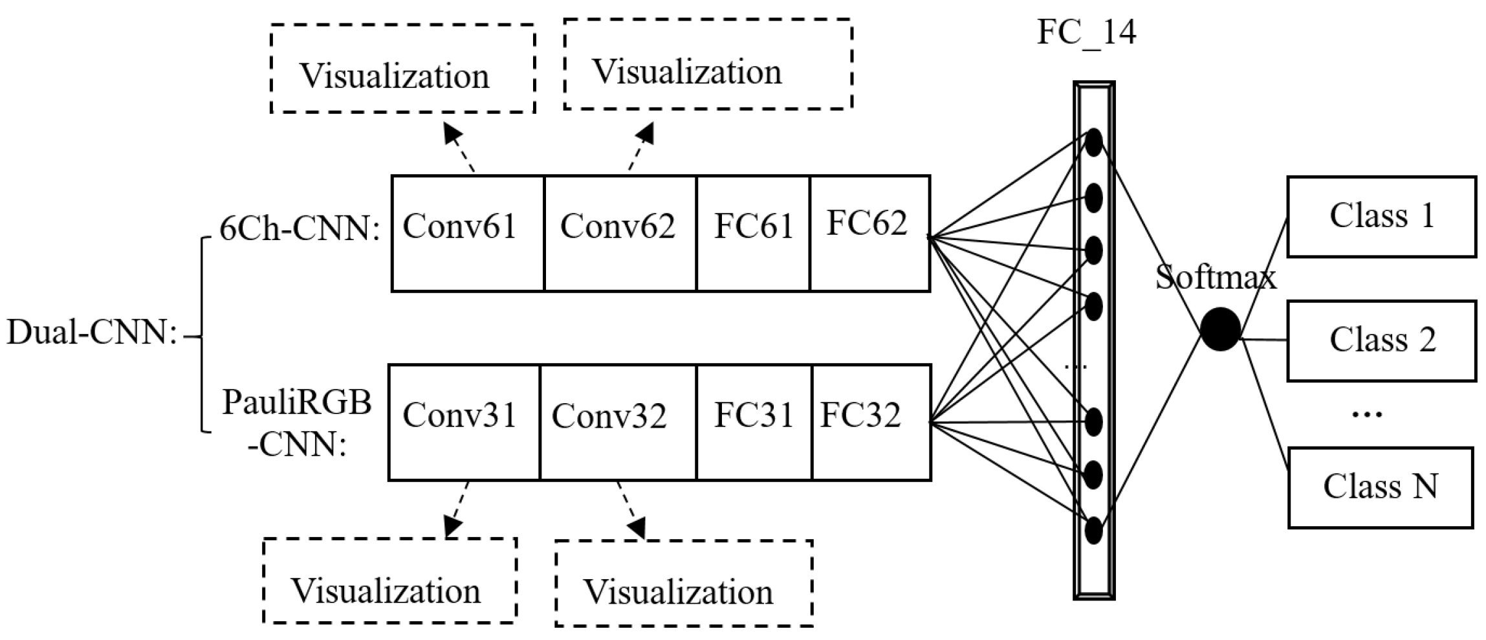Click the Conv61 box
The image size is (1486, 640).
467,233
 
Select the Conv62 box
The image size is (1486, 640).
620,233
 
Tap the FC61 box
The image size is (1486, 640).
753,233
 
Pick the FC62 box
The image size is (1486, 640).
869,233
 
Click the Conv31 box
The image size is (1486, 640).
463,422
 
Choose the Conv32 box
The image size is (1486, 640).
618,422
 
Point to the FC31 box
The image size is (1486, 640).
754,422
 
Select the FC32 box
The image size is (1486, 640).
871,422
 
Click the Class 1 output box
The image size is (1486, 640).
1381,216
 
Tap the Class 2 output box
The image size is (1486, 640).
1381,340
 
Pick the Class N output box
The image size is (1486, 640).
1380,487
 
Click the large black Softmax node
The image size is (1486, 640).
1220,329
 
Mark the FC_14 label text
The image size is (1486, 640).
1086,31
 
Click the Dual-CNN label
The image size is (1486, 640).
92,333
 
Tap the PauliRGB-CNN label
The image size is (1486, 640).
298,423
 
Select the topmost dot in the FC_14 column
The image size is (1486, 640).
1093,142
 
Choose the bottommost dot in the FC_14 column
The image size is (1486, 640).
1093,531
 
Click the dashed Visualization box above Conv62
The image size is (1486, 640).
708,64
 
